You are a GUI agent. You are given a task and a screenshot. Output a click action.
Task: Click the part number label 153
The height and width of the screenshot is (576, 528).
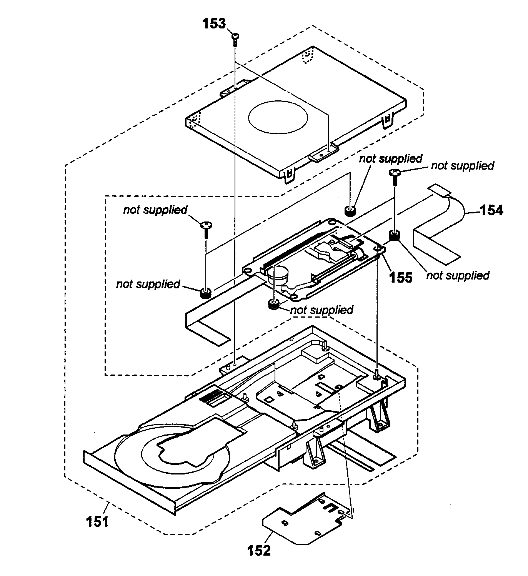[x=214, y=24]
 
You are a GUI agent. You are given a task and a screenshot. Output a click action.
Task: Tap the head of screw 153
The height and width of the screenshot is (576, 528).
[x=235, y=36]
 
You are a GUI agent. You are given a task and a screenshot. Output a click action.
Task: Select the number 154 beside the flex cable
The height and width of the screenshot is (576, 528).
[x=491, y=210]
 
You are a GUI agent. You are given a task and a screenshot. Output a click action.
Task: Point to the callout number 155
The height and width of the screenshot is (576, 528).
[x=401, y=277]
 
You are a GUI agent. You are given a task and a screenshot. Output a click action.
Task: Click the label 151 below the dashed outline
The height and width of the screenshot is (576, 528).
[x=97, y=522]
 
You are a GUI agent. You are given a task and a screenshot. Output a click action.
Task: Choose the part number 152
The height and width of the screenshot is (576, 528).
[x=259, y=550]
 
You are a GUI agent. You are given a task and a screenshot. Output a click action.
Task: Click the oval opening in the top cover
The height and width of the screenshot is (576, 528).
[x=278, y=118]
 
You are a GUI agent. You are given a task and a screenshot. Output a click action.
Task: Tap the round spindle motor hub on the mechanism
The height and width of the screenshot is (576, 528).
[x=280, y=275]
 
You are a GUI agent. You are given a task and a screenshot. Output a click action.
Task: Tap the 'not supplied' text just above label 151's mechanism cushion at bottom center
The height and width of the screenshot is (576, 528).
[x=321, y=310]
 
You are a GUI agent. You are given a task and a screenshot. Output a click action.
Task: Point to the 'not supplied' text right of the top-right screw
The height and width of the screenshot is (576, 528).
[x=462, y=166]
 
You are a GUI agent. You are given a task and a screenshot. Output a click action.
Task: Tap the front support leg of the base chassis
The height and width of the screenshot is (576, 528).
[x=313, y=454]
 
